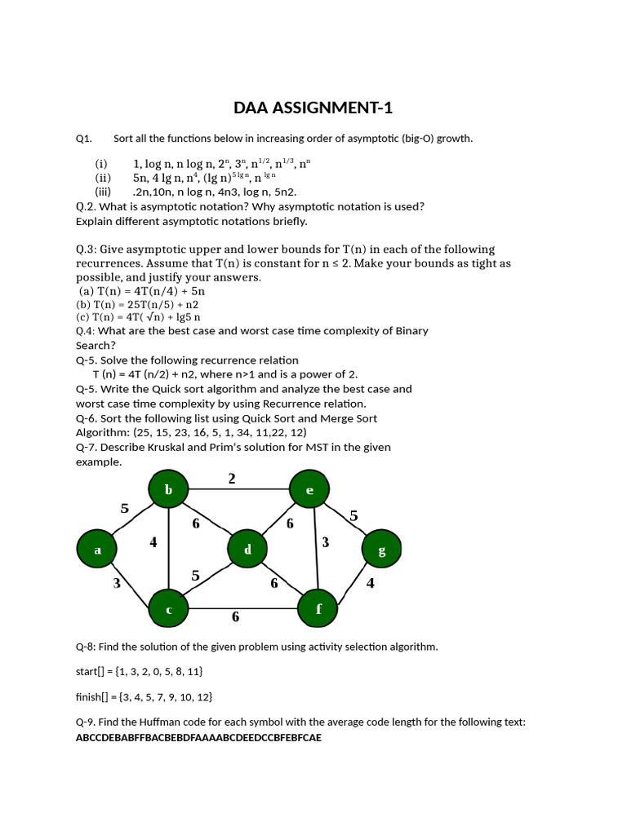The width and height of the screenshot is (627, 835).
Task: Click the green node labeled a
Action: click(98, 550)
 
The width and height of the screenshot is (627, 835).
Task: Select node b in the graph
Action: click(168, 489)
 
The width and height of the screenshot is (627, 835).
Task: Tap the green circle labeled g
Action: click(381, 550)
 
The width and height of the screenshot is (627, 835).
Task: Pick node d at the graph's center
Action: click(248, 550)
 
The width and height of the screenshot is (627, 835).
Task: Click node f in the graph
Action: click(318, 608)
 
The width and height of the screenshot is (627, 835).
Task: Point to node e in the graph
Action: click(309, 489)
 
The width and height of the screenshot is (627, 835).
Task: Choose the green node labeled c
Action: click(168, 609)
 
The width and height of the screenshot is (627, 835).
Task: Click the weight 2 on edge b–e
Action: click(232, 479)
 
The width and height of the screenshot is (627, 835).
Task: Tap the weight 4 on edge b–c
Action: click(153, 541)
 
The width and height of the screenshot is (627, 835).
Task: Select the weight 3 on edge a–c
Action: click(118, 582)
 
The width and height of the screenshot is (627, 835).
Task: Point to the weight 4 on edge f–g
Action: click(370, 583)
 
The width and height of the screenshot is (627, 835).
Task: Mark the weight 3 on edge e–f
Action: click(325, 541)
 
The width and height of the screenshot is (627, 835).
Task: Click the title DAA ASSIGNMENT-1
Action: click(313, 108)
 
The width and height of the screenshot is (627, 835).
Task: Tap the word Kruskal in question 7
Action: click(167, 447)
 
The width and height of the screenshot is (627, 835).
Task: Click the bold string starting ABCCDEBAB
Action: click(198, 737)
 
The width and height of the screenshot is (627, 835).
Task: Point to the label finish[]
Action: click(92, 697)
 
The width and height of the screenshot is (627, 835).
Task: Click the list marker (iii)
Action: click(103, 192)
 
